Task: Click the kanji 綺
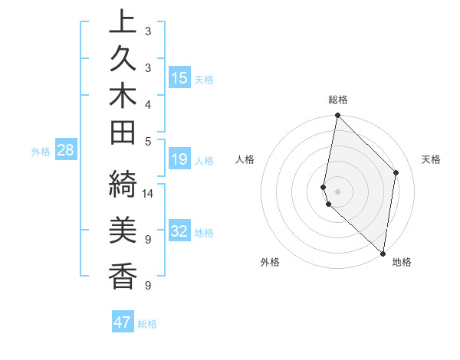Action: pyautogui.click(x=123, y=186)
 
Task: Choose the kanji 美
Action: pyautogui.click(x=123, y=229)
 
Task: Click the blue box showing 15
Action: pyautogui.click(x=179, y=77)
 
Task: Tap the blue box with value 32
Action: pyautogui.click(x=179, y=231)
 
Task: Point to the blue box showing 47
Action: pyautogui.click(x=123, y=322)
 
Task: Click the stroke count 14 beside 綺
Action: pyautogui.click(x=149, y=193)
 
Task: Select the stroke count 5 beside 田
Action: pyautogui.click(x=147, y=140)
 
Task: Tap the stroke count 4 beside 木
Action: pyautogui.click(x=147, y=103)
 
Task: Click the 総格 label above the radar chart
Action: pyautogui.click(x=337, y=100)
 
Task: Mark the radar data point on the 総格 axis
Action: pyautogui.click(x=337, y=116)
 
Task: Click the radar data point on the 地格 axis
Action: pyautogui.click(x=383, y=253)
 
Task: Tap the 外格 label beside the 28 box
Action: pyautogui.click(x=41, y=151)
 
